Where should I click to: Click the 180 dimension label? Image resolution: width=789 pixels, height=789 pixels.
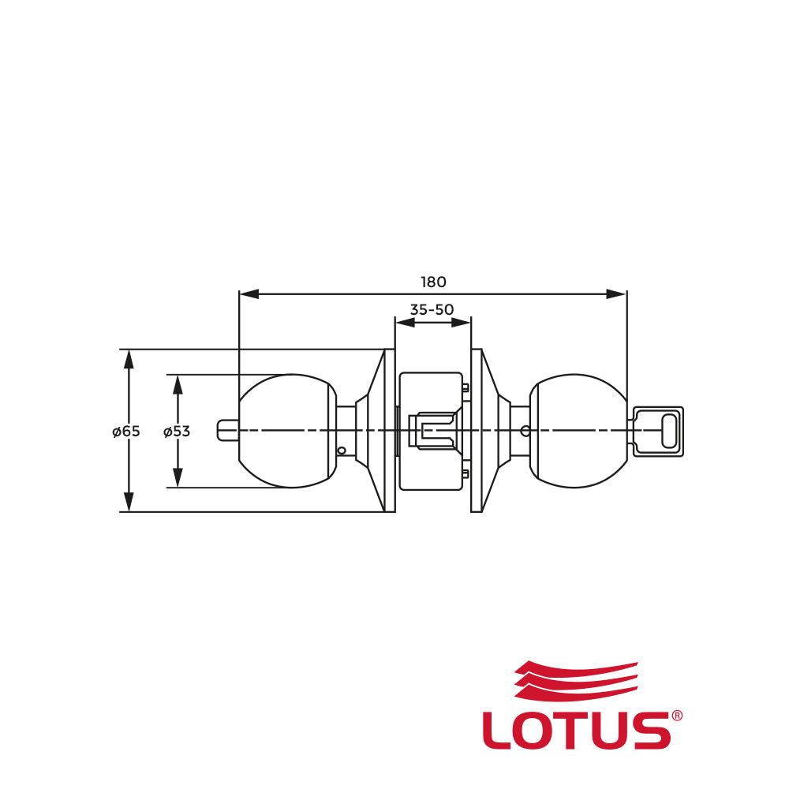pyautogui.click(x=433, y=282)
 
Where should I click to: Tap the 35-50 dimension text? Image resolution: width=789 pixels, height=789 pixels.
pyautogui.click(x=432, y=309)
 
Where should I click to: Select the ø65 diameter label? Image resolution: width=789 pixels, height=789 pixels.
pyautogui.click(x=125, y=432)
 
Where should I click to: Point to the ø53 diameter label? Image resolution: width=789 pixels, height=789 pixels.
pyautogui.click(x=177, y=432)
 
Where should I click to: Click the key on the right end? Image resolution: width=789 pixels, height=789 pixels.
pyautogui.click(x=656, y=432)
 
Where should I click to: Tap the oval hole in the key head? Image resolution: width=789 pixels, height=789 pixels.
pyautogui.click(x=669, y=432)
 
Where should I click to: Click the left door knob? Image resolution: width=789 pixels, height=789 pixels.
pyautogui.click(x=288, y=431)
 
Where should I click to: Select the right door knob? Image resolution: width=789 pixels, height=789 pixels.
pyautogui.click(x=578, y=431)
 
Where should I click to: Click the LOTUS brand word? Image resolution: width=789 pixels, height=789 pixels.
pyautogui.click(x=577, y=730)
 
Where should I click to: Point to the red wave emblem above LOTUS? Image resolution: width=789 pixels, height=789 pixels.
pyautogui.click(x=576, y=680)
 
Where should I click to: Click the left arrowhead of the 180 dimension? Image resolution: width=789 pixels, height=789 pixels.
pyautogui.click(x=249, y=294)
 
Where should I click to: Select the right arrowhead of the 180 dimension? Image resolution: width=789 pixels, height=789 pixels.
pyautogui.click(x=617, y=294)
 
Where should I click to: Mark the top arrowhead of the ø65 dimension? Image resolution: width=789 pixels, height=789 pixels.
pyautogui.click(x=129, y=359)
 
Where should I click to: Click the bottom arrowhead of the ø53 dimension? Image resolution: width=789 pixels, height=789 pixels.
pyautogui.click(x=177, y=477)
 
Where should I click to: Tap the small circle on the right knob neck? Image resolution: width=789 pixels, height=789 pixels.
pyautogui.click(x=525, y=431)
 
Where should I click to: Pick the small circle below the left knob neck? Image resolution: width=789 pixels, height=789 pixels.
pyautogui.click(x=342, y=451)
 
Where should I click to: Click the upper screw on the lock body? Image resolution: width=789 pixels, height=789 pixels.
pyautogui.click(x=466, y=387)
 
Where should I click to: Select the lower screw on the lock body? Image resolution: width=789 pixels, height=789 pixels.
pyautogui.click(x=466, y=473)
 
